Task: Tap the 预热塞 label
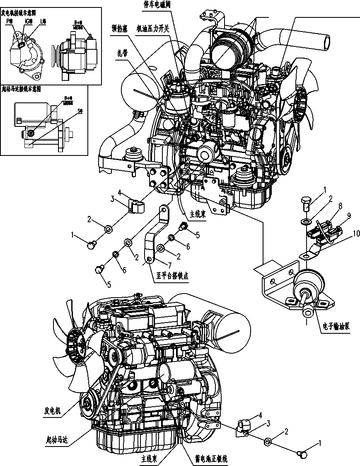tap(122, 29)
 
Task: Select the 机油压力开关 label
tap(153, 29)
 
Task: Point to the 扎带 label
tap(122, 53)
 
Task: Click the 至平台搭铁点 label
tap(172, 277)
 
